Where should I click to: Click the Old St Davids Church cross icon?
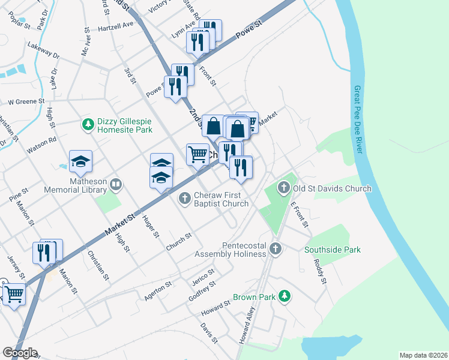(284, 188)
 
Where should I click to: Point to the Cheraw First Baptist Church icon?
(185, 197)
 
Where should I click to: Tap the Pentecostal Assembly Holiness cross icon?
(275, 248)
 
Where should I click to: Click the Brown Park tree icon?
(286, 296)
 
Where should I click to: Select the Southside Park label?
(332, 250)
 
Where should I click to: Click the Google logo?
(20, 353)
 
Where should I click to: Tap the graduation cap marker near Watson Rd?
(80, 161)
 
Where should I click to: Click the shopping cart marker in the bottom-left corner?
(13, 295)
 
